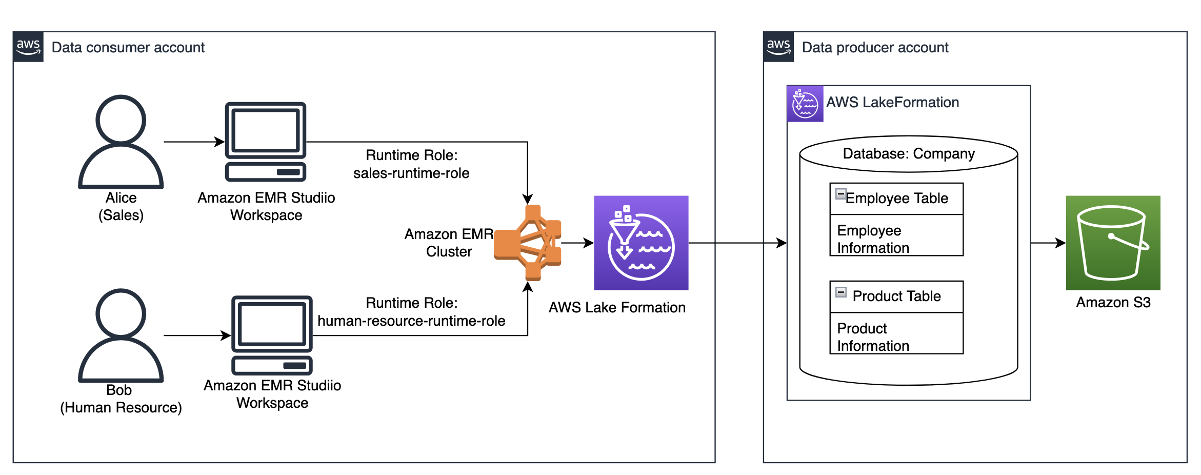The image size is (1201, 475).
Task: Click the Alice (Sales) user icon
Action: point(121,142)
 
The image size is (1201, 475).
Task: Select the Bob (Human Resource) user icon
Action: point(121,335)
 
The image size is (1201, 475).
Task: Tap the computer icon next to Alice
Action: point(266,142)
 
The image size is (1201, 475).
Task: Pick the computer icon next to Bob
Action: point(272,335)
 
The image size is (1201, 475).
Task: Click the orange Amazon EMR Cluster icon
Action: point(528,243)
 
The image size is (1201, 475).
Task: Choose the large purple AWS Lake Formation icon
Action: point(641,243)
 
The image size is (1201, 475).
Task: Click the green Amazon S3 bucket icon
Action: point(1113,243)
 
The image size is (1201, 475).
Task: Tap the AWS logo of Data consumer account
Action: point(28,47)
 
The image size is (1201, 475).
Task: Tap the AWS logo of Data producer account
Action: point(778,47)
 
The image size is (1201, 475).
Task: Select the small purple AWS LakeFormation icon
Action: point(805,104)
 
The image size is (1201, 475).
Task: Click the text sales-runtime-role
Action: point(411,173)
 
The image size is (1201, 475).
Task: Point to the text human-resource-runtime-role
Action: point(411,321)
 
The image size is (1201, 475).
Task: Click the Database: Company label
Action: point(909,154)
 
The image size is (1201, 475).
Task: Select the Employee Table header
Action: point(896,199)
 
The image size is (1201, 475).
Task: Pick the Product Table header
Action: point(896,296)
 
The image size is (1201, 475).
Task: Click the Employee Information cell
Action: point(896,239)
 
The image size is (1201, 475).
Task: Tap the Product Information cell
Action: point(896,337)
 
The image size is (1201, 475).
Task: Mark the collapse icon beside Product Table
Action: point(841,292)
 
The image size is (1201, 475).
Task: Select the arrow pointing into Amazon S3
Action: point(1049,243)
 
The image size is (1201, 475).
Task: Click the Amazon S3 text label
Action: point(1113,303)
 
